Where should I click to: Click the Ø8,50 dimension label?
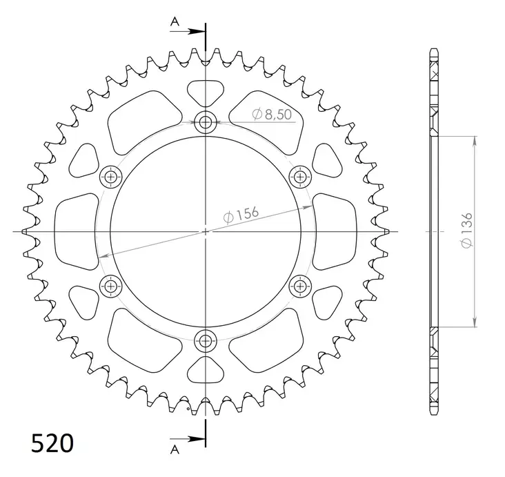272,114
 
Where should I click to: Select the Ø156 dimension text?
241,215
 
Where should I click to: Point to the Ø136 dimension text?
466,230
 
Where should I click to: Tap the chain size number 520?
52,443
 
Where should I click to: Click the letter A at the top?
175,21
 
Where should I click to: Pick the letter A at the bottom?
175,449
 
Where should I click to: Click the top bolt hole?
205,122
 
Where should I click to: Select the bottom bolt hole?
205,341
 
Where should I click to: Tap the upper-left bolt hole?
111,177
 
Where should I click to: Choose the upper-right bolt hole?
300,177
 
